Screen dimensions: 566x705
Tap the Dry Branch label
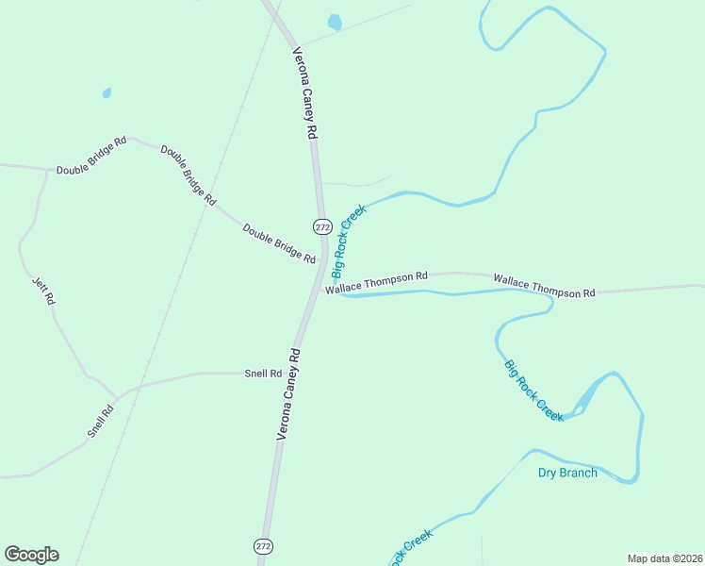(x=567, y=473)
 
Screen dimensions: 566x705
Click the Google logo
(x=31, y=555)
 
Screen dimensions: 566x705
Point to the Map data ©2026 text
(x=664, y=558)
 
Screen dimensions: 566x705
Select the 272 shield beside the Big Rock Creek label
(x=322, y=226)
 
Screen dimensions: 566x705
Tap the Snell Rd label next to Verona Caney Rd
(x=263, y=374)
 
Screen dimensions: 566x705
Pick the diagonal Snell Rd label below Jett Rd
(x=101, y=421)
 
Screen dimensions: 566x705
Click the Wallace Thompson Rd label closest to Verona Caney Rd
(x=377, y=282)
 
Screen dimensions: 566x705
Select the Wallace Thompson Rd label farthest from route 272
(x=544, y=287)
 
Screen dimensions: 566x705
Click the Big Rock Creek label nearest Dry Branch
(x=533, y=390)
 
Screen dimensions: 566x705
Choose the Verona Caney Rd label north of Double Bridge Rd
(x=303, y=93)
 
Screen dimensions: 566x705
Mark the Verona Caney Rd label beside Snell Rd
(x=288, y=393)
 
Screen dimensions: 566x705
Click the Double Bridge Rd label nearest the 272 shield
(x=279, y=243)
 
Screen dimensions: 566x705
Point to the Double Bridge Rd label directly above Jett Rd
(x=90, y=157)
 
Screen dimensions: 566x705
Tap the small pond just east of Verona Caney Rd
(x=335, y=22)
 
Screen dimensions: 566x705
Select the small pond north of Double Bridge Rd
(x=107, y=93)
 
